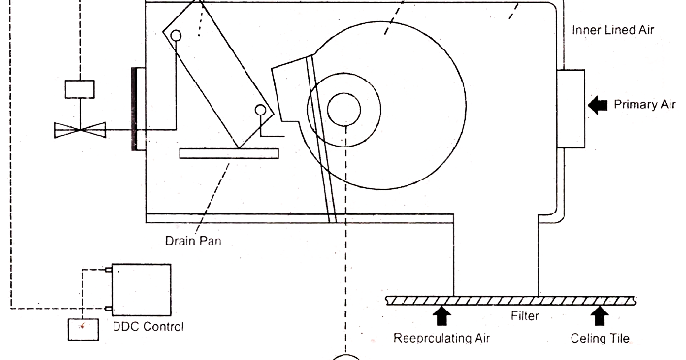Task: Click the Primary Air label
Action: [x=645, y=105]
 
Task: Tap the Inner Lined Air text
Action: [x=613, y=31]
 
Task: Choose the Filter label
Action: [x=525, y=317]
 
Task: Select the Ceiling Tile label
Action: [x=602, y=339]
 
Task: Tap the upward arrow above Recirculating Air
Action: [x=442, y=314]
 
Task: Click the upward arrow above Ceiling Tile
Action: [x=601, y=314]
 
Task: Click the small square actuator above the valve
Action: [x=78, y=88]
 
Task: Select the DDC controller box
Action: [x=142, y=287]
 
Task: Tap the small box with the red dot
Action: [x=82, y=328]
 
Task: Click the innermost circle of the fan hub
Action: [x=343, y=110]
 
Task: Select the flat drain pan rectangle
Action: [x=229, y=153]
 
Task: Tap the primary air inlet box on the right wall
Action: [x=572, y=108]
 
